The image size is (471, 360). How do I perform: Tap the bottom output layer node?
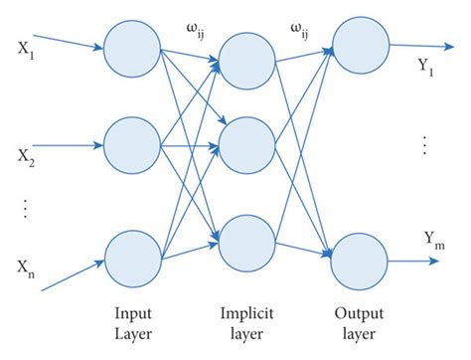point(359,261)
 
